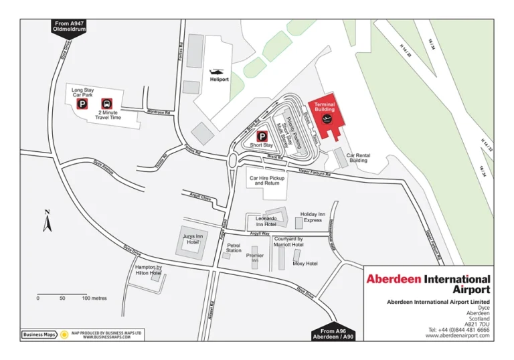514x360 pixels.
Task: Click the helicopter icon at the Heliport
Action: [218, 72]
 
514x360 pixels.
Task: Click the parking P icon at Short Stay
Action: [262, 135]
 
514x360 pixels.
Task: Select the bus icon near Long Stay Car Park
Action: [106, 104]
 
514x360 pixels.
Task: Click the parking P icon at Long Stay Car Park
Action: [82, 104]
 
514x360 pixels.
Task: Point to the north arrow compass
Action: [47, 221]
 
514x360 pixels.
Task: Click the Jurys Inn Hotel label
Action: [193, 239]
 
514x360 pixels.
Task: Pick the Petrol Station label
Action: [234, 248]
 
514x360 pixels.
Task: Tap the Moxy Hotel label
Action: [305, 264]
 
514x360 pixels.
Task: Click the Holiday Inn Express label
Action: [313, 217]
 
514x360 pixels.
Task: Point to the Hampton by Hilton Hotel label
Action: [148, 270]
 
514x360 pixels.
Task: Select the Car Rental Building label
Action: [358, 158]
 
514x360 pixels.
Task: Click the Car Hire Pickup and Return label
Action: [267, 181]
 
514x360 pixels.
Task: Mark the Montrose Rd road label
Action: [159, 112]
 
